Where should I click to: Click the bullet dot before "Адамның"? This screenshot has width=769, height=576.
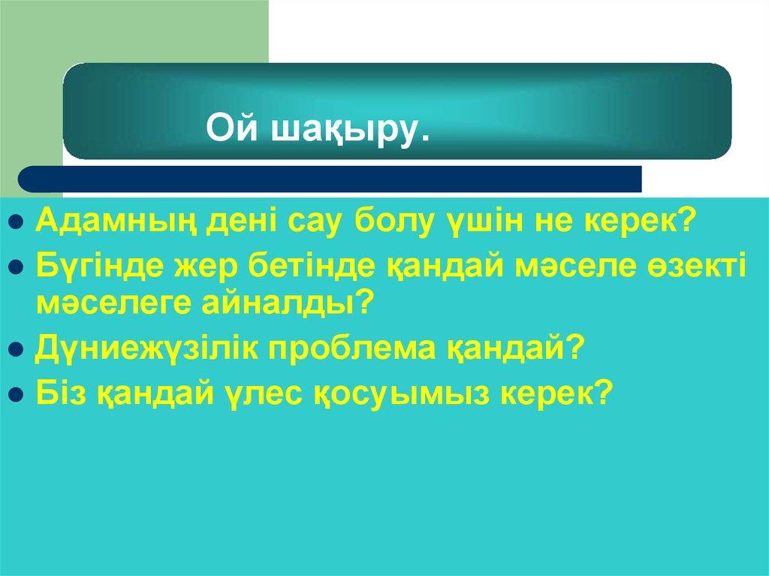pyautogui.click(x=17, y=224)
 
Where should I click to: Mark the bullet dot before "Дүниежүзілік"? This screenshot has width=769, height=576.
pyautogui.click(x=17, y=351)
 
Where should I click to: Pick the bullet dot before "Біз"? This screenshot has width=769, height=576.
pyautogui.click(x=17, y=394)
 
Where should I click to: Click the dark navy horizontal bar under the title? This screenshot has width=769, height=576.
pyautogui.click(x=330, y=179)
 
